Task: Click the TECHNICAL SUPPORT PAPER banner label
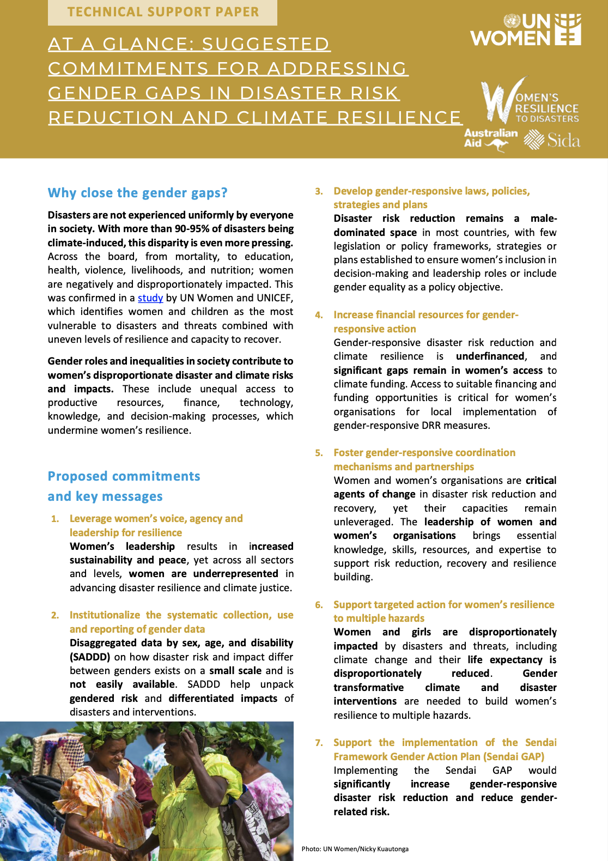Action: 162,12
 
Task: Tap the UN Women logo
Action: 526,30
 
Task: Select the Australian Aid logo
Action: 489,138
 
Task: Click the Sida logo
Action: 552,141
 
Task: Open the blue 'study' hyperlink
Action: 150,298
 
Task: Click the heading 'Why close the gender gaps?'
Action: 137,193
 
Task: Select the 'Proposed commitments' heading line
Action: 124,476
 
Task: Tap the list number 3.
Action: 319,191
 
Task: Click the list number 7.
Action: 319,743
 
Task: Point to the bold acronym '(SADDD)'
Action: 90,657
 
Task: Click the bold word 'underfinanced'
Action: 490,356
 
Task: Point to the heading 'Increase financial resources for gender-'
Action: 425,315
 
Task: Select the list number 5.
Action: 319,453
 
